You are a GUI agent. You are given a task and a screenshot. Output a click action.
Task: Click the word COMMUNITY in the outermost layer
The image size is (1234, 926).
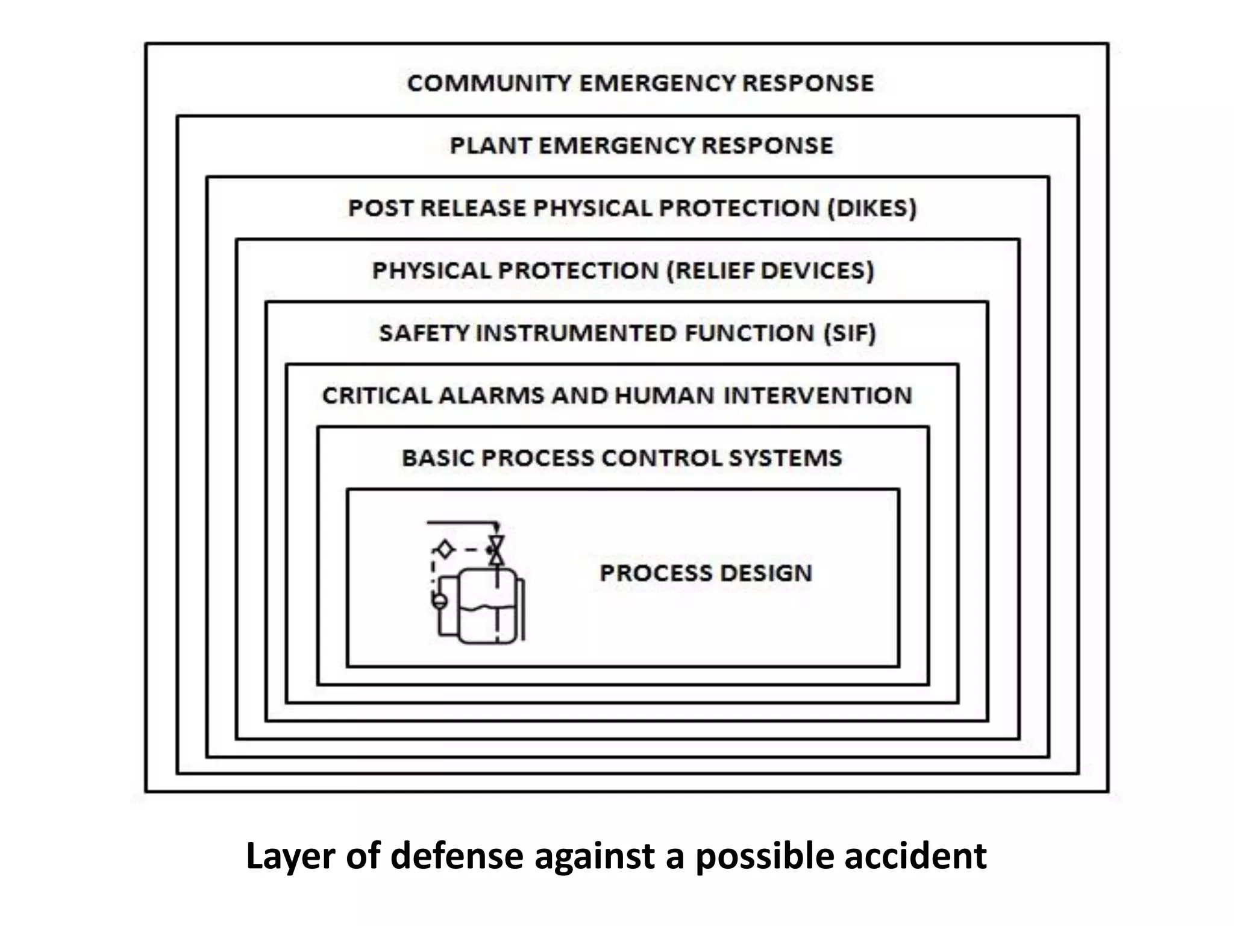(x=489, y=83)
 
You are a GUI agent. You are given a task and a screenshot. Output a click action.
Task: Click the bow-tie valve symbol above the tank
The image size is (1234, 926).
(x=496, y=550)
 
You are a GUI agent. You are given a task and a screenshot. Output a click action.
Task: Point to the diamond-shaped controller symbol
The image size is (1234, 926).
(x=445, y=550)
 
